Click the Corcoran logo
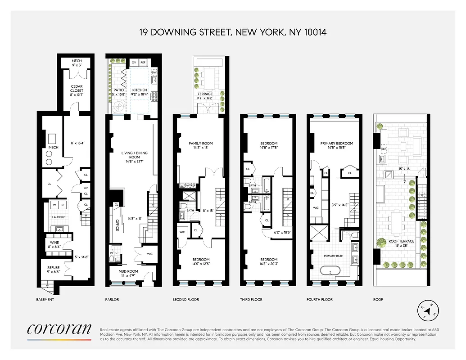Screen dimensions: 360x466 [x=59, y=329]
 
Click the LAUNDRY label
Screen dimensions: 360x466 [x=59, y=217]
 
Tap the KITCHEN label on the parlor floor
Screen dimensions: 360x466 [x=139, y=90]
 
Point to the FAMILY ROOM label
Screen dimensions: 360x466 [x=200, y=144]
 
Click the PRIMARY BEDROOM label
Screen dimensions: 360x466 [x=336, y=144]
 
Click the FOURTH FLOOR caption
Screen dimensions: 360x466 [x=319, y=299]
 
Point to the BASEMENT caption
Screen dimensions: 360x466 [x=45, y=299]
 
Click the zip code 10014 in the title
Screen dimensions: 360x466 [x=313, y=32]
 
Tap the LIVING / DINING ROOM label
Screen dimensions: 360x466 [x=134, y=155]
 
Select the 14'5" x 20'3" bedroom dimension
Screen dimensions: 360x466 [x=267, y=265]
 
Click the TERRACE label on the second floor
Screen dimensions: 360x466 [x=205, y=94]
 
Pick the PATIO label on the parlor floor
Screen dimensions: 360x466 [x=118, y=90]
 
